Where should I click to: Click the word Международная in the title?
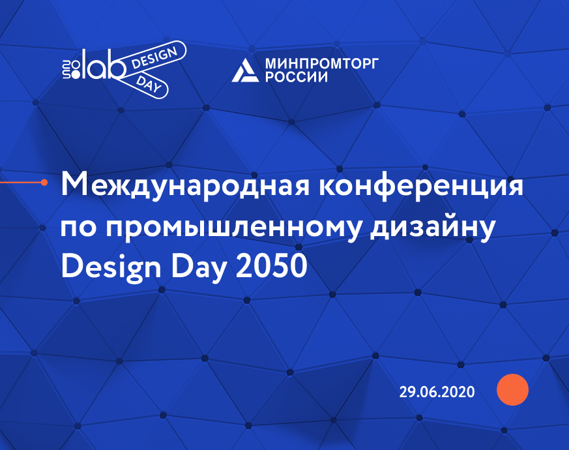pos(185,186)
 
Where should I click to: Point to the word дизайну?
pos(433,227)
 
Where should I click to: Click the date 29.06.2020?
pos(437,392)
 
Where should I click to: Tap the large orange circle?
pos(512,390)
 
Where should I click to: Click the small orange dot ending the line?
pos(44,183)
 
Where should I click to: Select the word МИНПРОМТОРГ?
pos(322,63)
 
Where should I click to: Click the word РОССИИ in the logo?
pos(296,77)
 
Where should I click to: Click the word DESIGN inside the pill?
pos(154,59)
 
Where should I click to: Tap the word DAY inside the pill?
pos(149,85)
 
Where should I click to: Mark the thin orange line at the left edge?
pos(20,183)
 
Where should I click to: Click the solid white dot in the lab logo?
pos(76,75)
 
